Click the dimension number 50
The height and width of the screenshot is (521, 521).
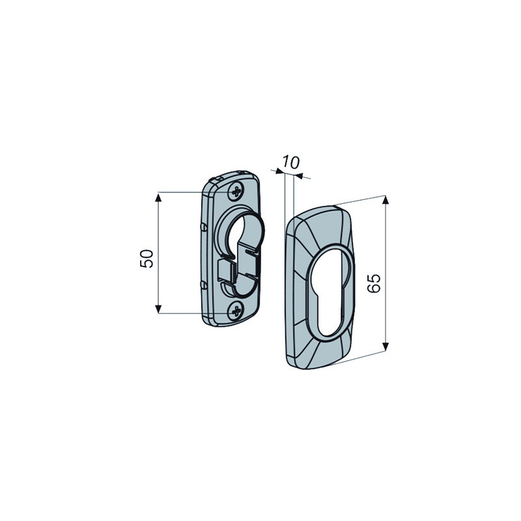[x=147, y=259]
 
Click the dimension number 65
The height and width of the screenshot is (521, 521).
[x=374, y=283]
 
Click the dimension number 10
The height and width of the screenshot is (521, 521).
[x=291, y=162]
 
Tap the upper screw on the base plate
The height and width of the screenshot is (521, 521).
[x=236, y=191]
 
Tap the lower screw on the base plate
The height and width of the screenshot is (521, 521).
[x=236, y=311]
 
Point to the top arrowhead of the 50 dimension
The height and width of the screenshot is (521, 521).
[x=158, y=198]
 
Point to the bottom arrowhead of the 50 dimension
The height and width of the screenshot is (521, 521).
[x=158, y=309]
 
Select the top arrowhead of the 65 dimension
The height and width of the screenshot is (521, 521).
[x=386, y=201]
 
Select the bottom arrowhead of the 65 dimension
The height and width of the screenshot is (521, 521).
[x=386, y=346]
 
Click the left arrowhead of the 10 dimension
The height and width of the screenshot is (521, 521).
[x=279, y=171]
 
